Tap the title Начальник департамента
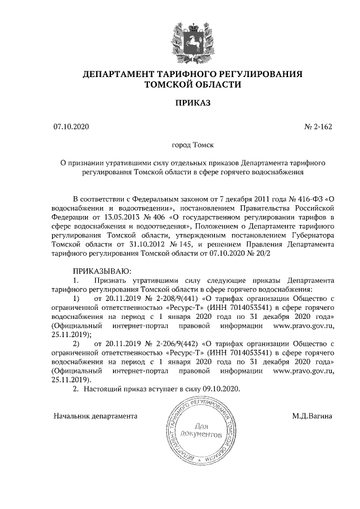(x=96, y=417)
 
